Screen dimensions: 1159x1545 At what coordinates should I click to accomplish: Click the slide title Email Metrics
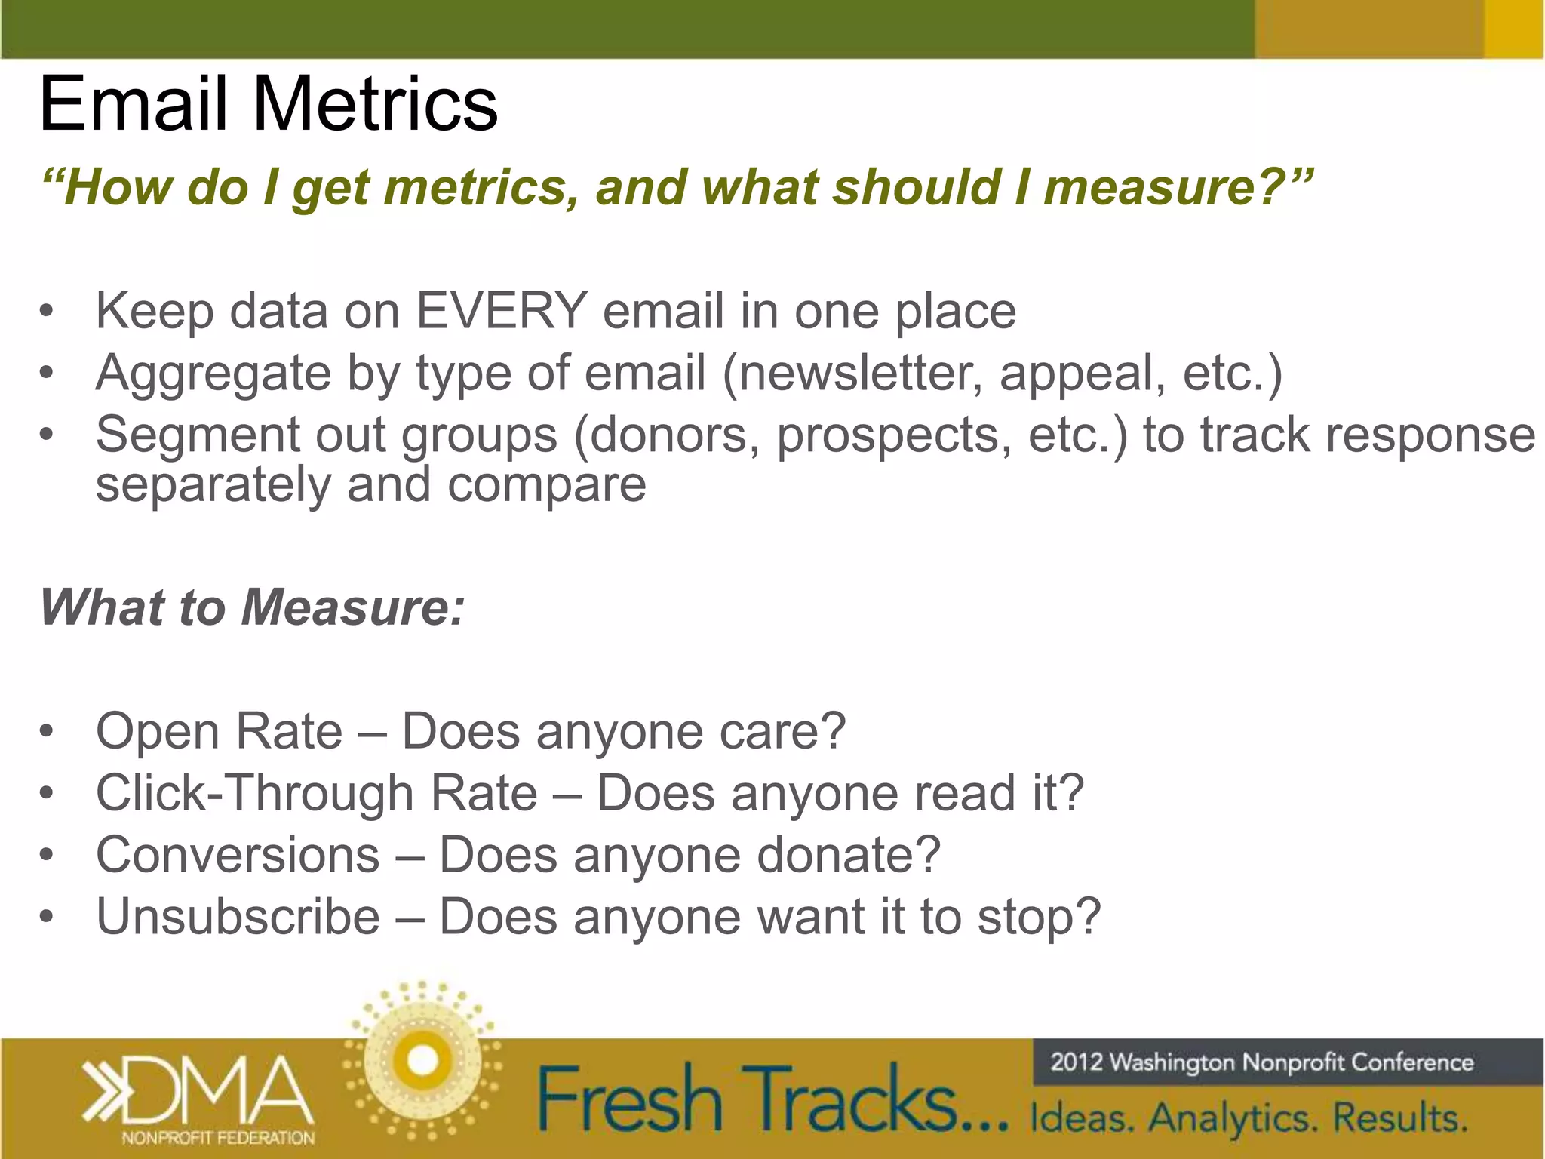pos(268,103)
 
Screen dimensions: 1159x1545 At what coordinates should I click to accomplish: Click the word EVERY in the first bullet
pos(502,311)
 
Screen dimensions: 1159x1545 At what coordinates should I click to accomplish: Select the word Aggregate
pos(213,374)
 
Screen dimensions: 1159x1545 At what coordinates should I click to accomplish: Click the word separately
pos(213,485)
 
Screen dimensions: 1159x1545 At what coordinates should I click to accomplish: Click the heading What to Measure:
pos(252,607)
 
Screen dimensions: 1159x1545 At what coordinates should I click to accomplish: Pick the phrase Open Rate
pos(219,731)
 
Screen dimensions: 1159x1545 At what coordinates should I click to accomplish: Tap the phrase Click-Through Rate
pos(317,793)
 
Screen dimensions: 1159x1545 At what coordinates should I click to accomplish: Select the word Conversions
pos(238,855)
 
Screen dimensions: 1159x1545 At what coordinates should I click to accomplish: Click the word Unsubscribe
pos(238,917)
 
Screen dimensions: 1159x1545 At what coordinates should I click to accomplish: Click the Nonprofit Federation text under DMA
pos(218,1138)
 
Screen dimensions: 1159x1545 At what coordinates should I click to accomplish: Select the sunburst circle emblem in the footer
pos(422,1060)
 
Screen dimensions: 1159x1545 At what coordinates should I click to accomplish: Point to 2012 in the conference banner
pos(1077,1062)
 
